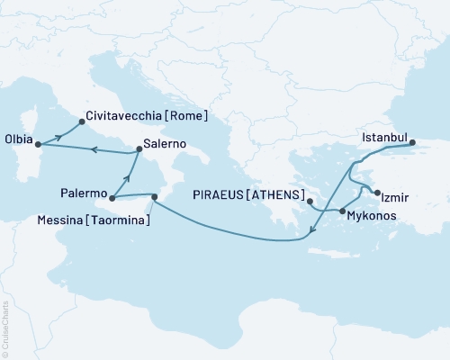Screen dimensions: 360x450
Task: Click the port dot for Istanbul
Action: coord(412,142)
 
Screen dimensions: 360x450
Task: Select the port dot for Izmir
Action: coord(377,193)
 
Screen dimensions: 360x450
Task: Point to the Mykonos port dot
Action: coord(341,211)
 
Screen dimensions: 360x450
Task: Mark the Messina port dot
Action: coord(155,196)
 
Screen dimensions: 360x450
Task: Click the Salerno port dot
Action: coord(138,151)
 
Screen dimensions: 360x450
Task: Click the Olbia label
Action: coord(18,141)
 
